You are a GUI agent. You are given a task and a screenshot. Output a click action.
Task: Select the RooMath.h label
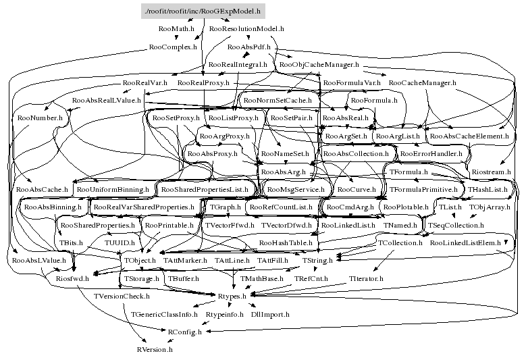(x=176, y=30)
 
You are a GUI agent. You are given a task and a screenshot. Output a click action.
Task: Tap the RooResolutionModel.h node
(x=246, y=30)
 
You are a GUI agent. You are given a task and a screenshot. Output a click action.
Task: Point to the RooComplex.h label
(x=173, y=48)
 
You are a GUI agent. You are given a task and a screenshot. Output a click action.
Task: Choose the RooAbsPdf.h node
(x=248, y=48)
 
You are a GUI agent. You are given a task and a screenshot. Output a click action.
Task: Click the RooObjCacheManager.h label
(x=318, y=65)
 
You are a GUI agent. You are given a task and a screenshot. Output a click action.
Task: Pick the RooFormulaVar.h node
(x=352, y=83)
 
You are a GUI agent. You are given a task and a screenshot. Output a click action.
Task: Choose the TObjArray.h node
(x=490, y=207)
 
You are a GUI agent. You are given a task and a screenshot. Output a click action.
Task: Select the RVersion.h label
(x=155, y=350)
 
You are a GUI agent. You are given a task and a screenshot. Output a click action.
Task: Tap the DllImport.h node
(x=270, y=314)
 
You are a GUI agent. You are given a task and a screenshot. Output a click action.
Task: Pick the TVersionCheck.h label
(x=122, y=296)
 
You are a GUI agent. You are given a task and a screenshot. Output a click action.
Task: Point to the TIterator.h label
(x=366, y=278)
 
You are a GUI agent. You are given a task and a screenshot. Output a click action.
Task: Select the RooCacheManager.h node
(x=423, y=83)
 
